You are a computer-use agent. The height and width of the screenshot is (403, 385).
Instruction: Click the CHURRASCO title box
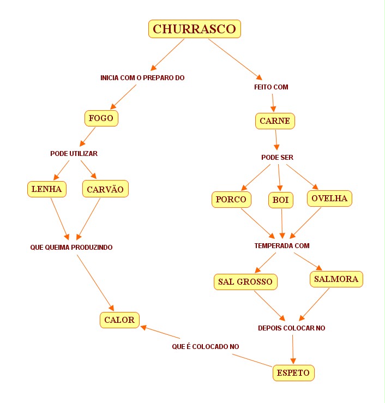(x=194, y=29)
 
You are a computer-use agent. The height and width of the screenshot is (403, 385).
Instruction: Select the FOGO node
(x=101, y=118)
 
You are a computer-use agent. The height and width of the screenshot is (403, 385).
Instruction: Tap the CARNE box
(x=275, y=121)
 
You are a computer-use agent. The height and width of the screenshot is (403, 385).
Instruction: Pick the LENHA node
(x=47, y=189)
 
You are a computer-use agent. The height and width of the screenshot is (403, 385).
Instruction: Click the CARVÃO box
(x=106, y=189)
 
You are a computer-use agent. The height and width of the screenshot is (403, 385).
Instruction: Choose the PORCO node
(x=231, y=200)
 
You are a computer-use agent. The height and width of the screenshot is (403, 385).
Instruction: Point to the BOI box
(x=280, y=200)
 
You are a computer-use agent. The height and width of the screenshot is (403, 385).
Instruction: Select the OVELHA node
(x=329, y=199)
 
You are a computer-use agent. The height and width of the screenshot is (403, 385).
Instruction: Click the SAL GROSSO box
(x=245, y=281)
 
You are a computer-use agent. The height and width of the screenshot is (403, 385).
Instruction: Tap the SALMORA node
(x=336, y=279)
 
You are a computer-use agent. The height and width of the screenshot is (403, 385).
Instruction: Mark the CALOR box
(x=119, y=320)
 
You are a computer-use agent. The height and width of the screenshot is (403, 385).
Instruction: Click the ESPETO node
(x=293, y=373)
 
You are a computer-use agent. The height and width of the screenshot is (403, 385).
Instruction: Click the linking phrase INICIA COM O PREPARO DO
(x=142, y=78)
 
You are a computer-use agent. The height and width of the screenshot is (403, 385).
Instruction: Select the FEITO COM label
(x=271, y=87)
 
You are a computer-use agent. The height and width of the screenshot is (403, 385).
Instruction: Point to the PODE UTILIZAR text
(x=74, y=154)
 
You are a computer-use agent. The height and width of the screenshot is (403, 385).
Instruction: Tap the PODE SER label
(x=277, y=158)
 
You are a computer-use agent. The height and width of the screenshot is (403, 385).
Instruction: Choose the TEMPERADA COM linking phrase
(x=282, y=246)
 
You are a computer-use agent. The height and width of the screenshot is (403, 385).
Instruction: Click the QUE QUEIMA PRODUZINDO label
(x=71, y=248)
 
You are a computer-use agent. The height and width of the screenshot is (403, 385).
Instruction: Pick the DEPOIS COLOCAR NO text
(x=291, y=328)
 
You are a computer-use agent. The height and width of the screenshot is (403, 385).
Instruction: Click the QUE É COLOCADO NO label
(x=205, y=346)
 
